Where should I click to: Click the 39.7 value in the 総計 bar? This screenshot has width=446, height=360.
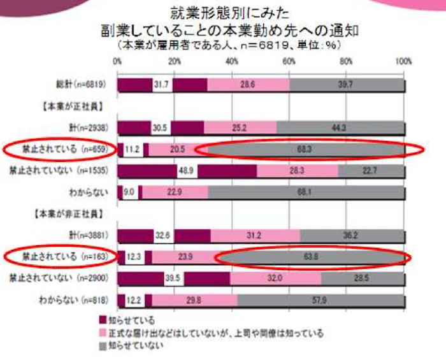pyautogui.click(x=347, y=85)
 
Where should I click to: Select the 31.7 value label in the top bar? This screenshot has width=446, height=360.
pyautogui.click(x=162, y=85)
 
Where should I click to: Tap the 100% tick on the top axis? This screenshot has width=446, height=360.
pyautogui.click(x=403, y=62)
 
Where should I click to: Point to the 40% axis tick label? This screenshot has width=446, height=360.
pyautogui.click(x=232, y=62)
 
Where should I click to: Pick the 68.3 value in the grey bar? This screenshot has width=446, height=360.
pyautogui.click(x=308, y=150)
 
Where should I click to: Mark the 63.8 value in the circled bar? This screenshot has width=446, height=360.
pyautogui.click(x=312, y=257)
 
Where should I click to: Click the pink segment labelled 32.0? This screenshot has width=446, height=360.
pyautogui.click(x=275, y=278)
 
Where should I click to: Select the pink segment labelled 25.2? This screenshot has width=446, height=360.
pyautogui.click(x=240, y=127)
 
